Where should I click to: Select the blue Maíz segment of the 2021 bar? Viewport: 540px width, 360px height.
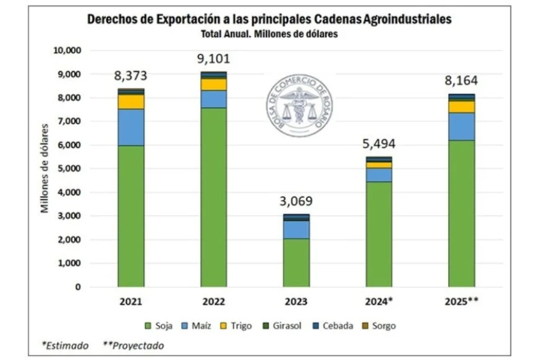click(x=131, y=127)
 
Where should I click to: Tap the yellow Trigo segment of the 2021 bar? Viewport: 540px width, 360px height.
click(x=131, y=101)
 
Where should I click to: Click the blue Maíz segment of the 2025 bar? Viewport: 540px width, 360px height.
click(x=461, y=126)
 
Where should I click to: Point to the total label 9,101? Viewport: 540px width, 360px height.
click(x=214, y=59)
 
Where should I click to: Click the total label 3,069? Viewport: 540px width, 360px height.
click(x=296, y=201)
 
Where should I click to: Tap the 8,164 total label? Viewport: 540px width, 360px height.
click(x=461, y=81)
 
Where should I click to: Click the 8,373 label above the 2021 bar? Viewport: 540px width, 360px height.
click(x=131, y=76)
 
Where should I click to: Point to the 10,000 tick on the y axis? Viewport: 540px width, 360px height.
click(x=67, y=50)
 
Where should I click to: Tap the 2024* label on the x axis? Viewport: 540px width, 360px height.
click(x=379, y=302)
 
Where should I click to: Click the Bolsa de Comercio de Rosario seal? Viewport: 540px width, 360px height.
click(x=299, y=107)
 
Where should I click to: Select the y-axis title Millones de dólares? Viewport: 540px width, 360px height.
click(x=44, y=169)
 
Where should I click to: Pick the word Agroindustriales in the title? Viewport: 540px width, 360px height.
click(x=408, y=19)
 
